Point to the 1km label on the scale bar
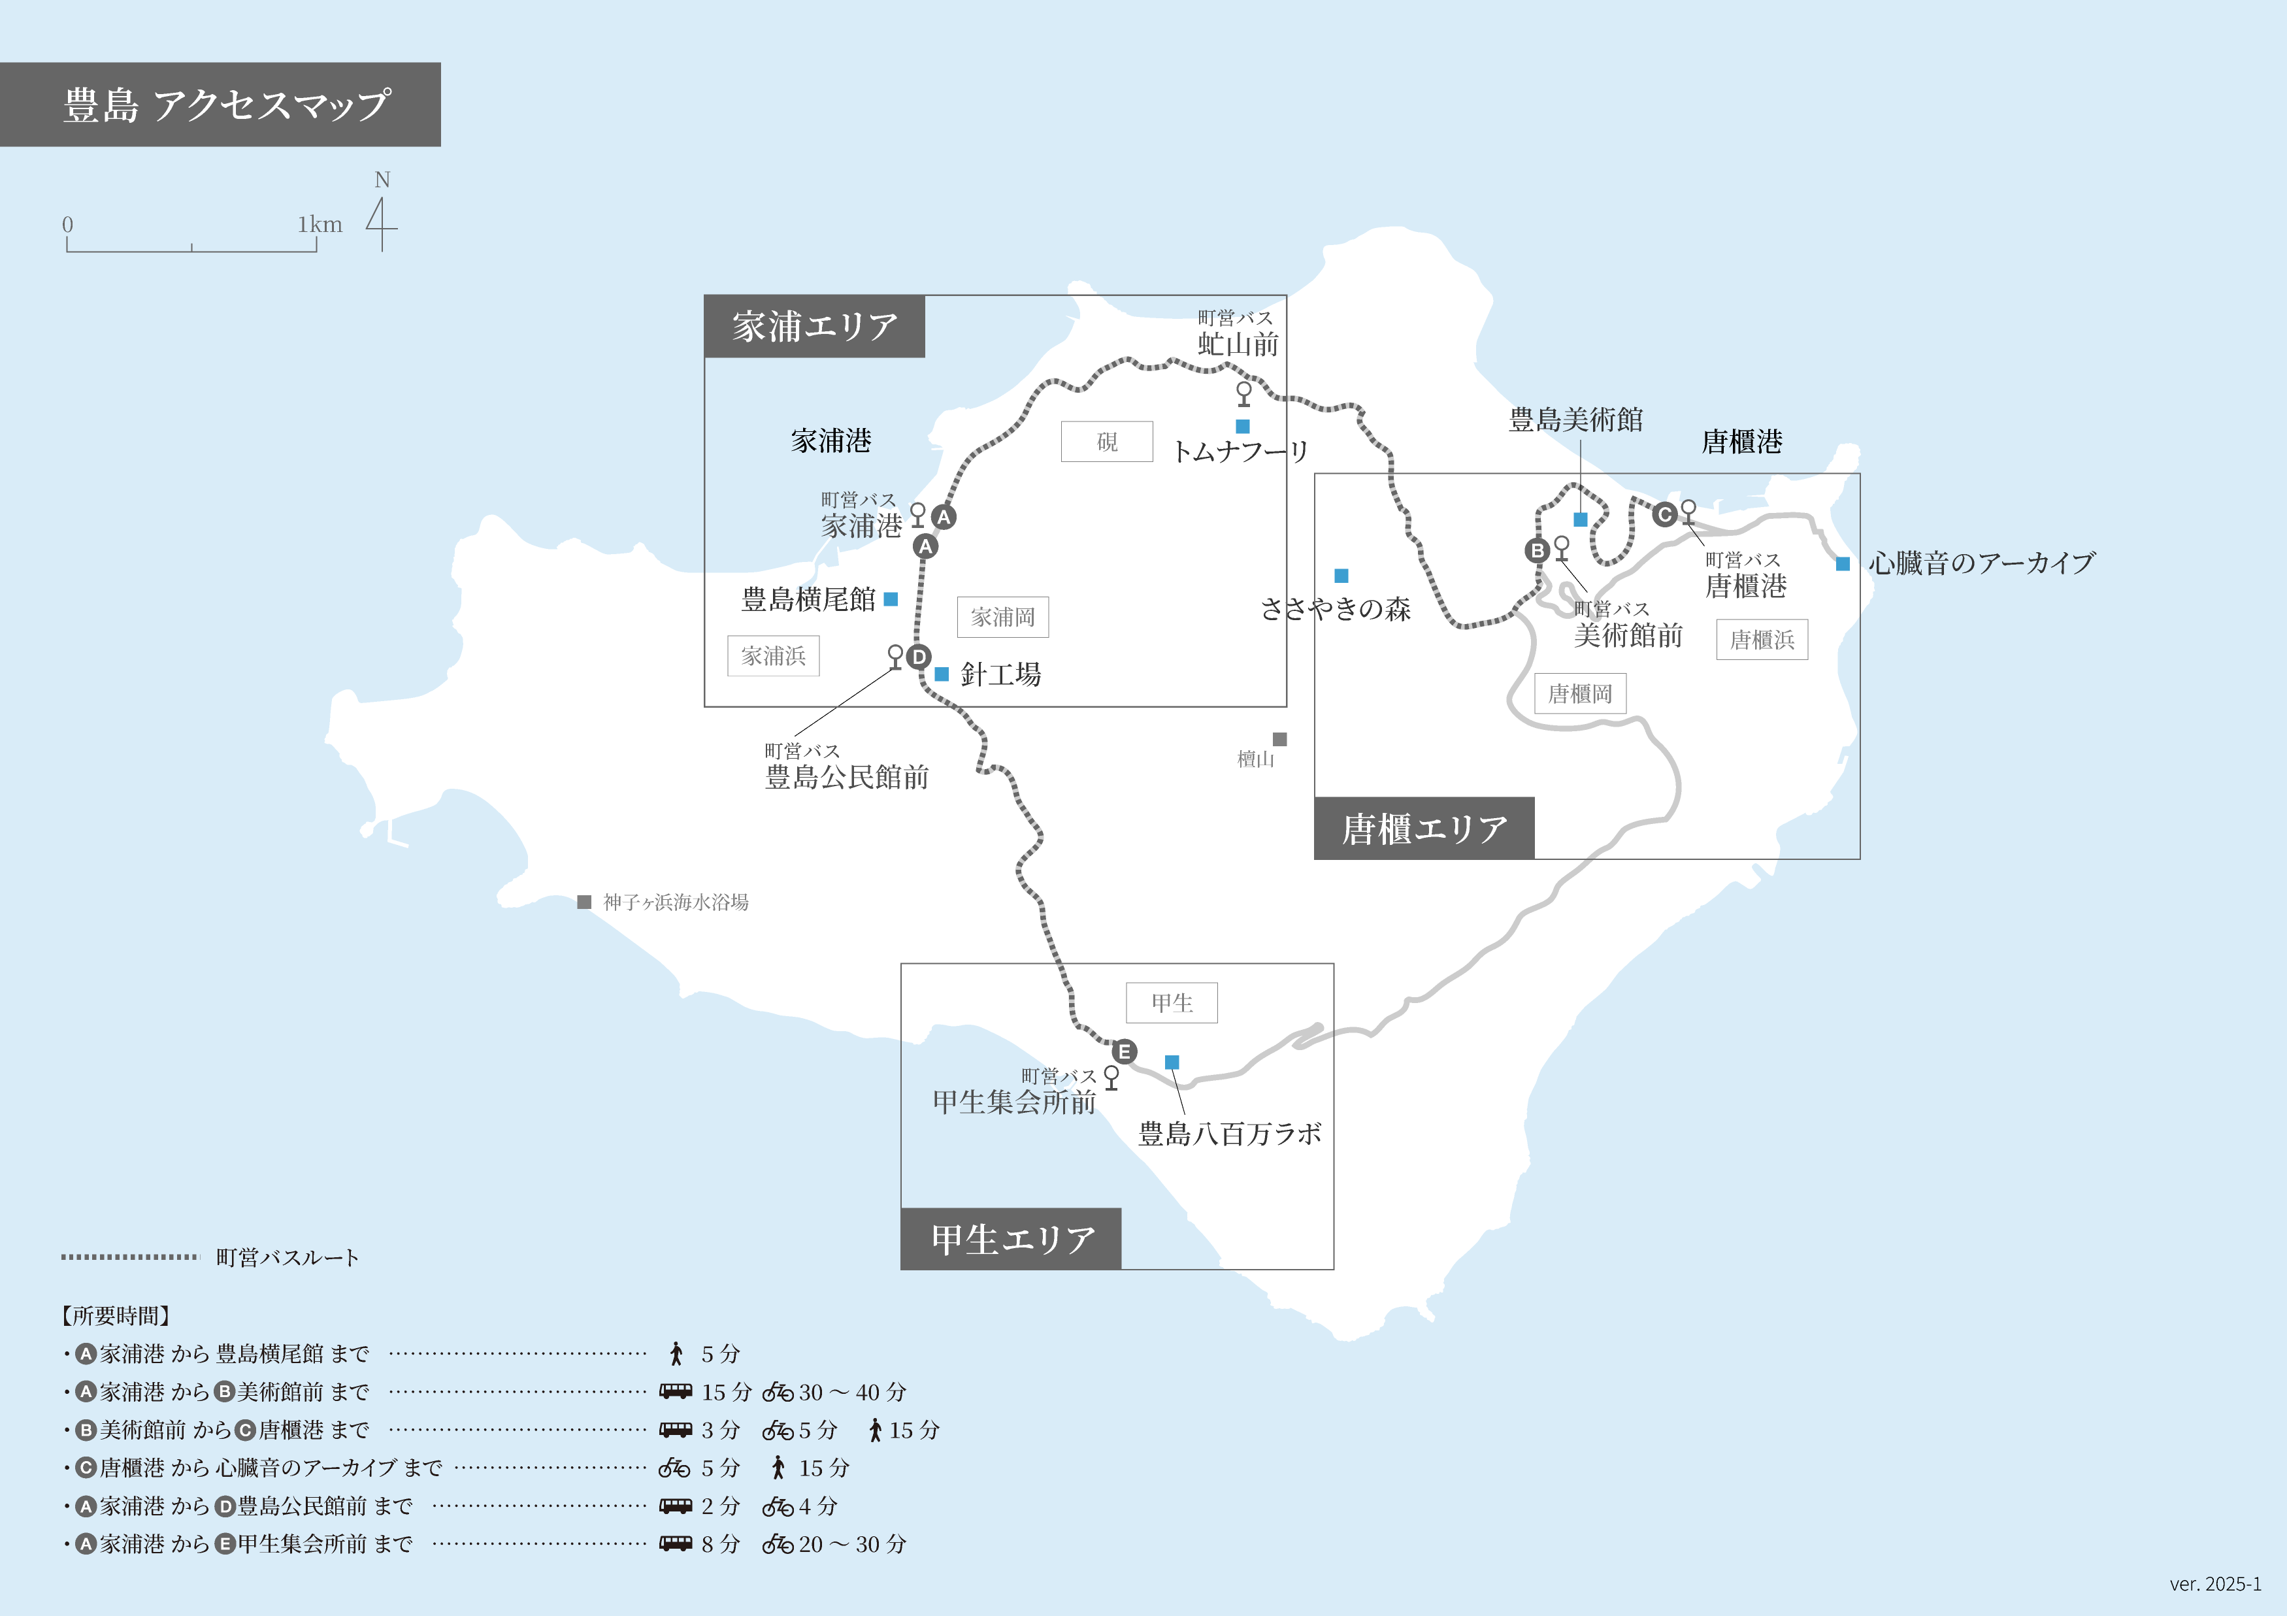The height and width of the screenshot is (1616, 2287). point(320,224)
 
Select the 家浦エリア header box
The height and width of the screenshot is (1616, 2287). point(814,327)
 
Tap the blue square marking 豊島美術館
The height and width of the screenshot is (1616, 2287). point(1580,519)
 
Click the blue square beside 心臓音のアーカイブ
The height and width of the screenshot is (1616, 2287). point(1843,564)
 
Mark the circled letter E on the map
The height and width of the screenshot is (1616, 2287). point(1125,1051)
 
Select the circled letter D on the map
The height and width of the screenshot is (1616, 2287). point(918,657)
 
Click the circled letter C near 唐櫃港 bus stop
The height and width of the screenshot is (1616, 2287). point(1664,514)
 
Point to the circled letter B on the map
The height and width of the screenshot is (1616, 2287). point(1537,550)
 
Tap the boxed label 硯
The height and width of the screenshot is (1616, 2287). point(1107,441)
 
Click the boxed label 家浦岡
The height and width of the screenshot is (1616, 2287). point(1002,617)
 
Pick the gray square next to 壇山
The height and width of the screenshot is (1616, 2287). point(1280,739)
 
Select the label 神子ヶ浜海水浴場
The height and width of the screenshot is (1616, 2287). point(676,902)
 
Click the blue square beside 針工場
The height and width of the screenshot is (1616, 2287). point(942,674)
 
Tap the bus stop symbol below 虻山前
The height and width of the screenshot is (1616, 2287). point(1243,393)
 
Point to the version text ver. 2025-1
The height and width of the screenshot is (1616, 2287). point(2215,1584)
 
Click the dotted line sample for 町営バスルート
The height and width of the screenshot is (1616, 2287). point(129,1257)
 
